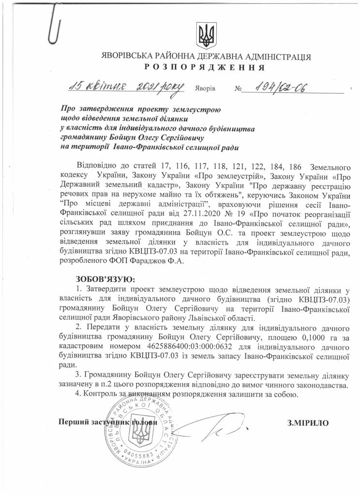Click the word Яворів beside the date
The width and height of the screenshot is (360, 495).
click(205, 90)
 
